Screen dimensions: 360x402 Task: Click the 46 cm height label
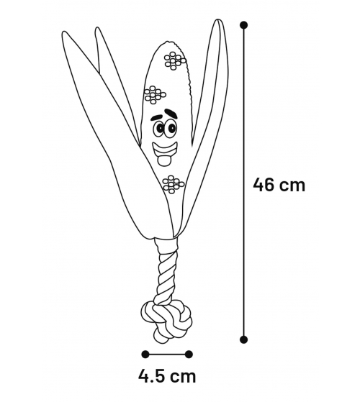click(x=279, y=185)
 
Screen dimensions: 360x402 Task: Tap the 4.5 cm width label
click(x=167, y=376)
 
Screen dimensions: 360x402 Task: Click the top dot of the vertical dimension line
click(x=243, y=25)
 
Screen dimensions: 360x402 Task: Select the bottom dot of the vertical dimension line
click(x=243, y=339)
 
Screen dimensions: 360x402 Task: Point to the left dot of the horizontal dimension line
click(x=145, y=355)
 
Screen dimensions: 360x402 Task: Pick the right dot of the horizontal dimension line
click(x=189, y=355)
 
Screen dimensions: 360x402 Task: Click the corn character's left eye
click(x=159, y=128)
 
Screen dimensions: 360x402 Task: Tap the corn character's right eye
click(x=171, y=127)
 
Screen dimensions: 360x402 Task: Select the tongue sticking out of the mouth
click(x=164, y=160)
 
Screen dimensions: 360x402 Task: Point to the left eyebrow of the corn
click(x=156, y=118)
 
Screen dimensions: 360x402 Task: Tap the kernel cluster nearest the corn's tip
click(x=175, y=60)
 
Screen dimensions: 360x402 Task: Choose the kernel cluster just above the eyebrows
click(x=155, y=95)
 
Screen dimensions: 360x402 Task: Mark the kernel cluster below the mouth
click(x=174, y=184)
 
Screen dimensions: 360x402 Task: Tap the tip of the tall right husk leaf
click(x=217, y=20)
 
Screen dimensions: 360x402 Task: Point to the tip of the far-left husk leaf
click(x=64, y=32)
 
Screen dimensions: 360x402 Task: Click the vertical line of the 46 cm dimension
click(x=243, y=182)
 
